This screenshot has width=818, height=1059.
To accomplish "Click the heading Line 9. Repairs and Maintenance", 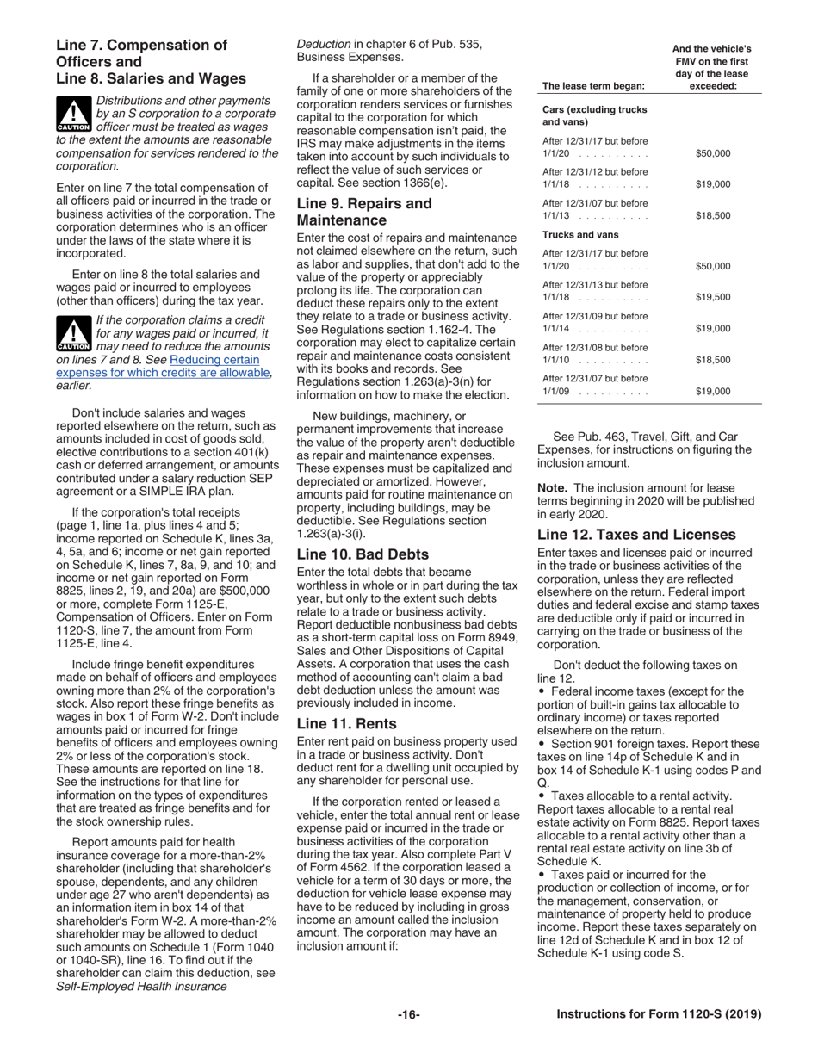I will coord(363,212).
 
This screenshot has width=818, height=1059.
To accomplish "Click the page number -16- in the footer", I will coord(408,1014).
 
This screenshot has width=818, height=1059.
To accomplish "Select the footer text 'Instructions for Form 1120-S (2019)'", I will coord(659,1014).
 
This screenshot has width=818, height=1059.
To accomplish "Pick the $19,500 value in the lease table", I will coord(712,297).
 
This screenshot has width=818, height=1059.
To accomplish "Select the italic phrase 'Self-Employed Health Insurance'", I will coord(141,986).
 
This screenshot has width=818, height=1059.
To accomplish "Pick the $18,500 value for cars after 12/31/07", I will coord(712,216).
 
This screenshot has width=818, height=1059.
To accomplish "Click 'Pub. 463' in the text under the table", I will coord(600,437).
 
